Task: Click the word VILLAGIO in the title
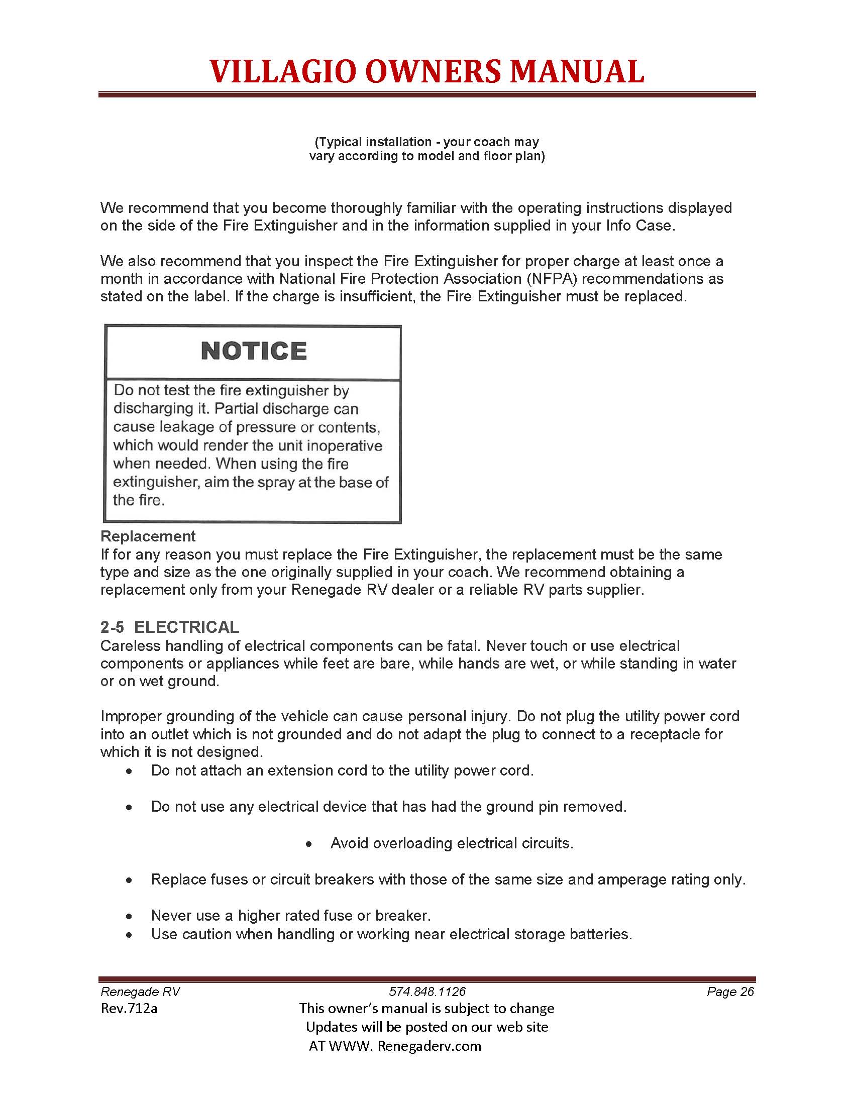[282, 71]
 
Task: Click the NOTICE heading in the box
[254, 351]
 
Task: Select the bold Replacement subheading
[148, 536]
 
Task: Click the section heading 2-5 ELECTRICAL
[169, 627]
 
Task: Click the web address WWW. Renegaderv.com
[404, 1046]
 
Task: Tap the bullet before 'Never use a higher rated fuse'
[130, 916]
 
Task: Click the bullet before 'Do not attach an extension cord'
[130, 771]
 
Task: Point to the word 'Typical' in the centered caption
[339, 142]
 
